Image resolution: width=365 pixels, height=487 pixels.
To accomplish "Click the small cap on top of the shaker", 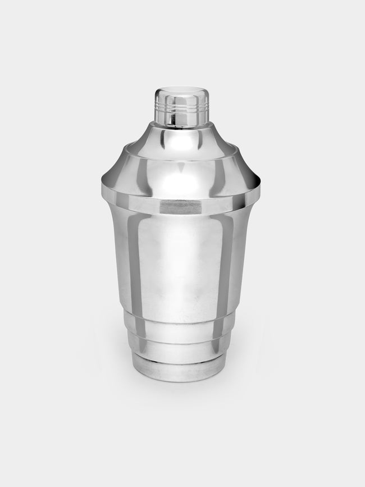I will click(181, 107).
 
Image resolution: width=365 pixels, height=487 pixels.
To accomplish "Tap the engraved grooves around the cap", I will click(181, 103).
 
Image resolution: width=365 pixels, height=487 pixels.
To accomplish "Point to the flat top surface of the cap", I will click(181, 90).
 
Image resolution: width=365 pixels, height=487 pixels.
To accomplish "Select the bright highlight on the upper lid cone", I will click(181, 138).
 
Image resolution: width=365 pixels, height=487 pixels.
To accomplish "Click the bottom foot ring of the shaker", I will click(181, 374).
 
